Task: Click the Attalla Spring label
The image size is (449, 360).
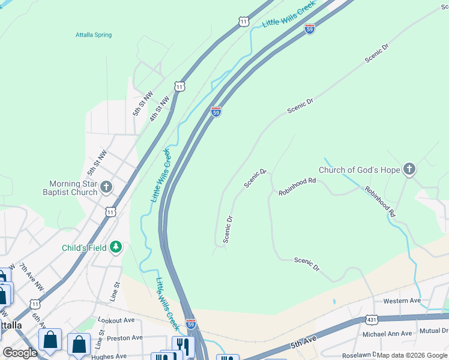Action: tap(94, 35)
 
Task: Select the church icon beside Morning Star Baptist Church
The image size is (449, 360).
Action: tap(106, 187)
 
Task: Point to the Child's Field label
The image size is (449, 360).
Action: tap(84, 248)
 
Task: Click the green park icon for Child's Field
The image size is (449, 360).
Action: tap(115, 247)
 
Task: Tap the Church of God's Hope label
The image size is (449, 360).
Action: tap(359, 170)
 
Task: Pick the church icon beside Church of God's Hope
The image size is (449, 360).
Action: tap(409, 170)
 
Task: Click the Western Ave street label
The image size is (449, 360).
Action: tap(402, 301)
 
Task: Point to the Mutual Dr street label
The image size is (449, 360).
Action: tap(433, 331)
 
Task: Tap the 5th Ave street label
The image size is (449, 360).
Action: tap(303, 343)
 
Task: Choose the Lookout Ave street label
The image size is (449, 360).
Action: tap(116, 320)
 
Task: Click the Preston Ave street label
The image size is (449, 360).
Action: tap(124, 337)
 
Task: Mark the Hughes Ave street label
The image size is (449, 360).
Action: tap(109, 356)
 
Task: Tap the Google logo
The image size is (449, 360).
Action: tap(20, 353)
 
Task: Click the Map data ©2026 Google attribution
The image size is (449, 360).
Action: tap(411, 355)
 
